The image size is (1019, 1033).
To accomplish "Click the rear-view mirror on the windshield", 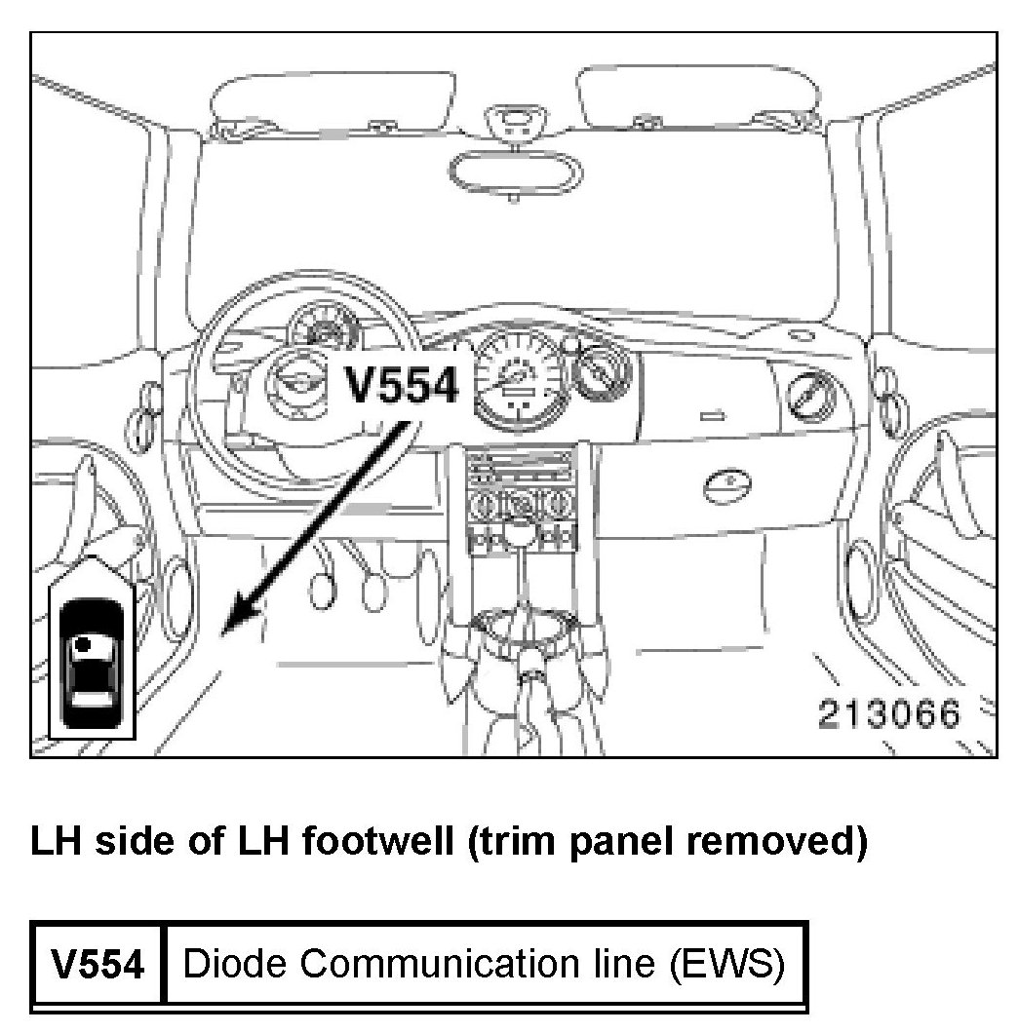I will (x=513, y=166).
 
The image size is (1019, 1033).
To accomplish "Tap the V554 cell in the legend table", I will (x=98, y=965).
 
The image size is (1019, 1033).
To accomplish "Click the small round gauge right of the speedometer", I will (x=599, y=374).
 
